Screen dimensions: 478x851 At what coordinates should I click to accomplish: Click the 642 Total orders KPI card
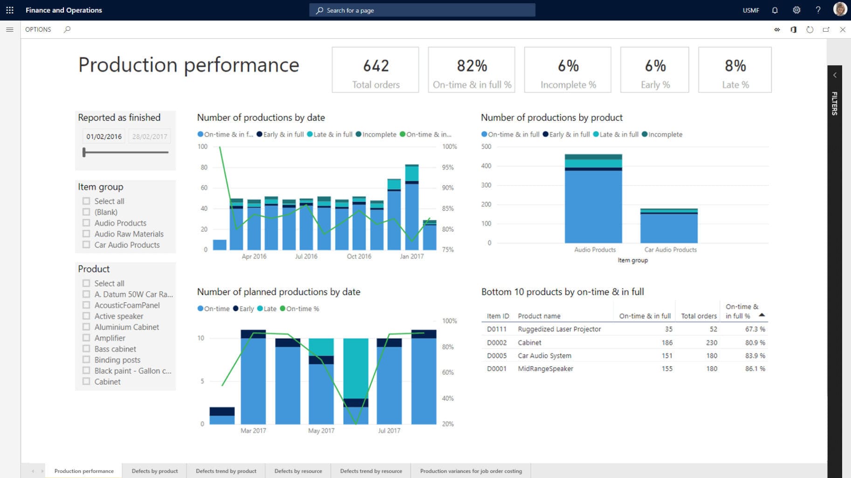375,70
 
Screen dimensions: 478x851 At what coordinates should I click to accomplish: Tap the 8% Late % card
734,70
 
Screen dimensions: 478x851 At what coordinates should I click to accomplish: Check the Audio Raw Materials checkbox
86,234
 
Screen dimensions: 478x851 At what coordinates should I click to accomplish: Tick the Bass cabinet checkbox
86,349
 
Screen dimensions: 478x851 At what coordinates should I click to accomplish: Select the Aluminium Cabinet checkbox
86,327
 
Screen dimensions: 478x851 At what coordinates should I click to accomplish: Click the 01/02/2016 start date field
104,137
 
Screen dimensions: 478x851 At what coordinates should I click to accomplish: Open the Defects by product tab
155,471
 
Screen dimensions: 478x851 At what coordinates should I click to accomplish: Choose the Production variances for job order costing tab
471,471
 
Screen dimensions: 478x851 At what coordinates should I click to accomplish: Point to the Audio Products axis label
595,250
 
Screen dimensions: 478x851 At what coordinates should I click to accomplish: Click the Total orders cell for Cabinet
711,342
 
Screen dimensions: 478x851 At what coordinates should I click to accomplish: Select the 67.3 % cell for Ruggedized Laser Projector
755,329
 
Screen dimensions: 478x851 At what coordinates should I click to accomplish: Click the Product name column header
539,316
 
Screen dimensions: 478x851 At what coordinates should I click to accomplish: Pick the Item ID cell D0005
496,355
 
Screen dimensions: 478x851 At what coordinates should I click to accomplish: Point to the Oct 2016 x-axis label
359,256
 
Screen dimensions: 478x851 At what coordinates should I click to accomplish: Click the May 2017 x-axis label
321,430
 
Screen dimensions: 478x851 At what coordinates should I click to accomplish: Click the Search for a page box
422,10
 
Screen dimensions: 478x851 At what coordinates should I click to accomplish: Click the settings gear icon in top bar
796,10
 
